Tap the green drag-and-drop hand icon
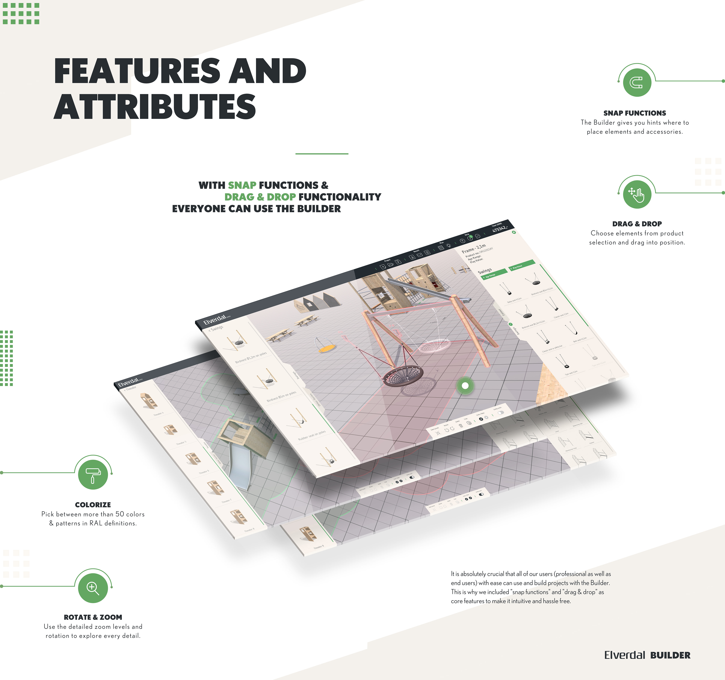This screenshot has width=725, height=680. [x=637, y=194]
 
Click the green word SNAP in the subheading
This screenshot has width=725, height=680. [x=242, y=185]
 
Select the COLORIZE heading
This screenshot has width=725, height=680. [x=93, y=505]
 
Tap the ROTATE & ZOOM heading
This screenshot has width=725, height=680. [x=93, y=617]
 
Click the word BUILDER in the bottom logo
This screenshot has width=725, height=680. [x=670, y=655]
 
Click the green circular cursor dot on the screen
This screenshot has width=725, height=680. [x=465, y=385]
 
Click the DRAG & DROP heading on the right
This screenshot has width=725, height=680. [x=637, y=224]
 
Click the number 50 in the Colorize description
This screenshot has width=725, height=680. [x=120, y=514]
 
